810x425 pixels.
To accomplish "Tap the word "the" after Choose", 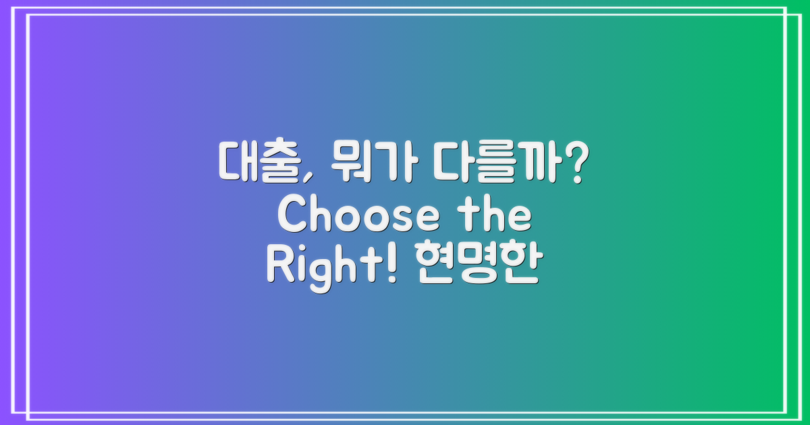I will (498, 217).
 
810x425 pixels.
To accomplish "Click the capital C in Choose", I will (292, 217).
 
